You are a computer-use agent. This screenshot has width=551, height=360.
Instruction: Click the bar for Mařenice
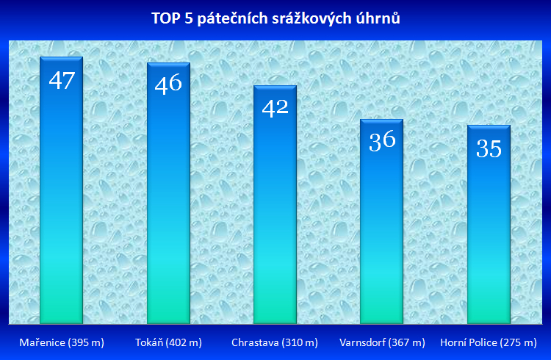[x=62, y=190]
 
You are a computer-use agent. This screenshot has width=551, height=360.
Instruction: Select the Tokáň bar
[x=168, y=193]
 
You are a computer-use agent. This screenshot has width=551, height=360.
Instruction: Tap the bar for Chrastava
[x=275, y=204]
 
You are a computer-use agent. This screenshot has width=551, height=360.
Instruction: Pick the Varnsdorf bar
[x=382, y=221]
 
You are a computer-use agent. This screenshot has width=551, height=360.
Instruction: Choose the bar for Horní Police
[x=489, y=224]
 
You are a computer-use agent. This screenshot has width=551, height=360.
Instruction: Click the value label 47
[x=62, y=81]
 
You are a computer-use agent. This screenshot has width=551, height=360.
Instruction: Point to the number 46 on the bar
[x=168, y=84]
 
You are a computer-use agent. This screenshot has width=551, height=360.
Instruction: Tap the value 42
[x=275, y=107]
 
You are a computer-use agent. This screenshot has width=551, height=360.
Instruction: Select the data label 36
[x=382, y=141]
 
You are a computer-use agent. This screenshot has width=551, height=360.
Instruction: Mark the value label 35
[x=489, y=148]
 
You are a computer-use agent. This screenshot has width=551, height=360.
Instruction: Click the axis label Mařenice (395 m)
[x=62, y=342]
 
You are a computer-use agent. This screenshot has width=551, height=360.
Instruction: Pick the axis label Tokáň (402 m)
[x=169, y=342]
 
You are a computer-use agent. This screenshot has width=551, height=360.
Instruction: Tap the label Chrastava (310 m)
[x=275, y=342]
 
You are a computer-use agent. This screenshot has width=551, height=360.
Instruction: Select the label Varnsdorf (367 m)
[x=382, y=342]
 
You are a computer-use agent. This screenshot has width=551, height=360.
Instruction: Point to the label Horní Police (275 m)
[x=489, y=342]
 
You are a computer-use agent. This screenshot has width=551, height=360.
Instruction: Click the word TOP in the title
[x=165, y=18]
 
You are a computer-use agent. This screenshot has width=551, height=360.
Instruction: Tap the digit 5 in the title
[x=188, y=18]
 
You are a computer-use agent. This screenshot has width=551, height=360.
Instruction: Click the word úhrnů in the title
[x=378, y=18]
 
